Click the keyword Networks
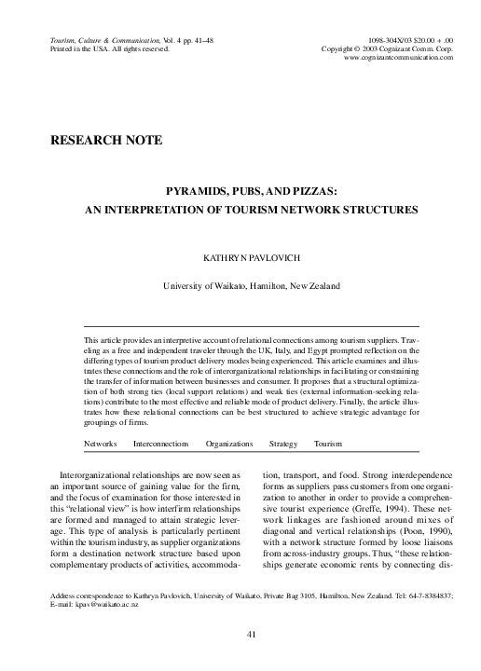pyautogui.click(x=101, y=444)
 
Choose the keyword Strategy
pyautogui.click(x=283, y=444)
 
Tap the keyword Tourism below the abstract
pyautogui.click(x=328, y=444)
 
